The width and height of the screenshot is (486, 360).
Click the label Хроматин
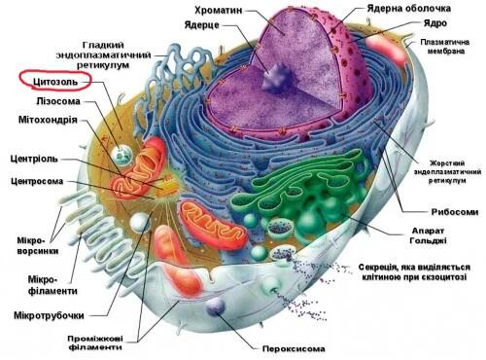click(x=219, y=11)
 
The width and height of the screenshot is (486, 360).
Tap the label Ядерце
click(x=202, y=25)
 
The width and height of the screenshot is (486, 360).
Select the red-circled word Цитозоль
click(x=55, y=82)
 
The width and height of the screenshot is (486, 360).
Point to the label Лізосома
click(x=58, y=101)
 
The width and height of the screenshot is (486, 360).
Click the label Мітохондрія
click(x=48, y=120)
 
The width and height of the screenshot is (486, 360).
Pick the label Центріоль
click(x=34, y=159)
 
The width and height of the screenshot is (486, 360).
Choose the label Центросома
click(x=37, y=181)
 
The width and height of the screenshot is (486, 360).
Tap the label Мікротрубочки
click(x=49, y=315)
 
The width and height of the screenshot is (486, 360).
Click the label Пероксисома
click(x=294, y=349)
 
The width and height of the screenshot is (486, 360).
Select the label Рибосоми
click(x=455, y=212)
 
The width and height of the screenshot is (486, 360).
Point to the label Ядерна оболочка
click(x=409, y=9)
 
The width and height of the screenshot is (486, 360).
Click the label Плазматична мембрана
click(x=445, y=47)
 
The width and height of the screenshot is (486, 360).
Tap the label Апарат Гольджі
click(x=428, y=235)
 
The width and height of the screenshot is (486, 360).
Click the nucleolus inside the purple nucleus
click(x=275, y=77)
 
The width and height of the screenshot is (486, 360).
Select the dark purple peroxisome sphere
click(x=216, y=306)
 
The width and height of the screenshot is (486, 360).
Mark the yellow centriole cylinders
click(x=166, y=187)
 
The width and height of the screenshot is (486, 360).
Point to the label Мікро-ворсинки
click(x=38, y=246)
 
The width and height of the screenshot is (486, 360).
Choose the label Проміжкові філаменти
click(x=95, y=342)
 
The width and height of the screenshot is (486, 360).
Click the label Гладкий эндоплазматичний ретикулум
click(x=103, y=54)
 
